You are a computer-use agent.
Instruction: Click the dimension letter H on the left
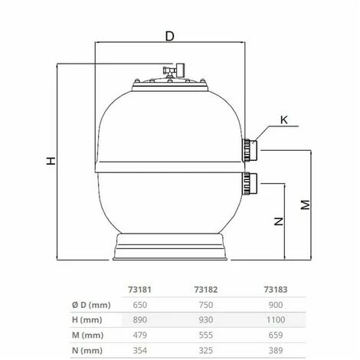[x=51, y=162]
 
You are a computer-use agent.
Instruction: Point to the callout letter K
[x=283, y=119]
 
